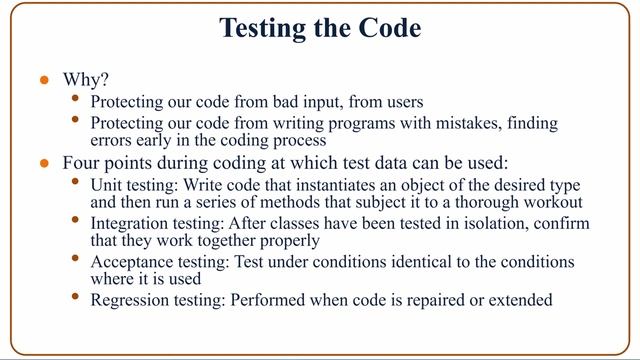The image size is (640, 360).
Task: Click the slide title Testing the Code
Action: click(x=320, y=30)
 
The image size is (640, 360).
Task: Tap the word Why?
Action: click(x=84, y=80)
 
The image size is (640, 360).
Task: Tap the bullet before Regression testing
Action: click(x=78, y=297)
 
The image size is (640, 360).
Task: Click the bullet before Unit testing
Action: click(x=78, y=184)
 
